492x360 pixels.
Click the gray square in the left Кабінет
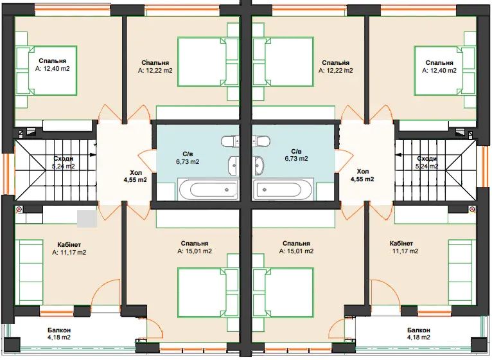click(87, 219)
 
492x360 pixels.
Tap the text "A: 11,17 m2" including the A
click(69, 252)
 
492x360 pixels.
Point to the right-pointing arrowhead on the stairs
click(93, 154)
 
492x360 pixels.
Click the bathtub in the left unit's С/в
click(208, 190)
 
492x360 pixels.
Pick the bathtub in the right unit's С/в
click(284, 190)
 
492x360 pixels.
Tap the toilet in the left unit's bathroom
click(231, 141)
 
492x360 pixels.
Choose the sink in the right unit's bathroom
click(259, 165)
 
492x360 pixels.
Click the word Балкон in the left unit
click(59, 330)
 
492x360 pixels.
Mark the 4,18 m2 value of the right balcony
click(419, 337)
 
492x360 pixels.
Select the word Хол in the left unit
click(136, 172)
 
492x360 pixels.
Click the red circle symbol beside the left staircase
click(19, 209)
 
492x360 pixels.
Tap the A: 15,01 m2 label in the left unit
click(195, 251)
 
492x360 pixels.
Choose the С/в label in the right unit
click(296, 151)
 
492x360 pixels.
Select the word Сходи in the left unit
click(64, 159)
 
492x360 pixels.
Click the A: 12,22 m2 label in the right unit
click(336, 70)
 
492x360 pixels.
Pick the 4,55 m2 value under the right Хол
click(362, 179)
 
